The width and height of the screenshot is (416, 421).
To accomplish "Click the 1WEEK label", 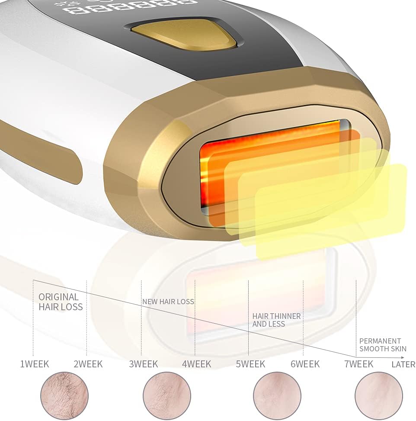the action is pos(35,364).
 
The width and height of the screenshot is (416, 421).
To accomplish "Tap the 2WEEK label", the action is pos(88,364).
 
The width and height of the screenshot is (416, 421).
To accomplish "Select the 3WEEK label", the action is pos(143,364).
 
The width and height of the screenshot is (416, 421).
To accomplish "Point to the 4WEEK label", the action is pos(197,364).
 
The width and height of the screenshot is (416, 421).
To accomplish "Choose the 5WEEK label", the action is pos(250,364).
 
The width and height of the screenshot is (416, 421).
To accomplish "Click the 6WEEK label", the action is pos(305,364).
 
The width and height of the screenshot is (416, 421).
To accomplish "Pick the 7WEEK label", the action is pos(358,364).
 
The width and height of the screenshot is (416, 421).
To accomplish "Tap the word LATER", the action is pos(403,364).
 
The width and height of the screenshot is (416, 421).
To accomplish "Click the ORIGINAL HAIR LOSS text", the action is pos(60,302).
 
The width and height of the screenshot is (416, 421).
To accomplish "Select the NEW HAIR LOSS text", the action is pos(168,302).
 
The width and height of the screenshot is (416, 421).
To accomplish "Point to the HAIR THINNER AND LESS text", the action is pos(276,320).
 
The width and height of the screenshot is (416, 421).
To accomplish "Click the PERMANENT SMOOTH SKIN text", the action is pos(383,345).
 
